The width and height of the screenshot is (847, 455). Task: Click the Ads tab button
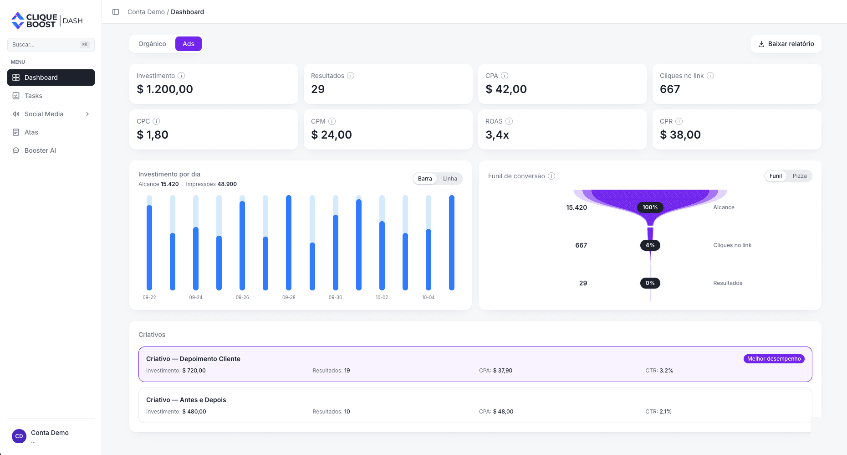pyautogui.click(x=189, y=44)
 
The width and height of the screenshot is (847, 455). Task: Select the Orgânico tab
pyautogui.click(x=152, y=44)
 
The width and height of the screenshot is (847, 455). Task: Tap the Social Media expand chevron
pyautogui.click(x=87, y=114)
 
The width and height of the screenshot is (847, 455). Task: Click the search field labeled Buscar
pyautogui.click(x=51, y=45)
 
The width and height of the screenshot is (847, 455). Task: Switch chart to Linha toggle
pyautogui.click(x=450, y=179)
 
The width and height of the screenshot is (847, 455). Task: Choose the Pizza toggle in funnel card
pyautogui.click(x=800, y=176)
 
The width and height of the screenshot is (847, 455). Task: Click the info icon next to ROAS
pyautogui.click(x=509, y=121)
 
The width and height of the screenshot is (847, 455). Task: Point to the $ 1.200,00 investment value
pyautogui.click(x=165, y=89)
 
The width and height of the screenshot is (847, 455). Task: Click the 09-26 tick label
pyautogui.click(x=242, y=297)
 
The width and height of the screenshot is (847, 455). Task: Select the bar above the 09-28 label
pyautogui.click(x=289, y=243)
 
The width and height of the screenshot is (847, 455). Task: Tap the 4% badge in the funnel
pyautogui.click(x=650, y=245)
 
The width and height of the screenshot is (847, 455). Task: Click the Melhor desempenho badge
pyautogui.click(x=774, y=359)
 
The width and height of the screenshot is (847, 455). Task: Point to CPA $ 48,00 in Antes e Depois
pyautogui.click(x=496, y=412)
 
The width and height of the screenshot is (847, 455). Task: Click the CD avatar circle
pyautogui.click(x=19, y=436)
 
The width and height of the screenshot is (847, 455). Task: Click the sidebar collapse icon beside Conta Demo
pyautogui.click(x=116, y=12)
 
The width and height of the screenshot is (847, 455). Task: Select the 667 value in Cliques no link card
pyautogui.click(x=670, y=89)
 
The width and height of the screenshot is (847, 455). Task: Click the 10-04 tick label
pyautogui.click(x=429, y=297)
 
